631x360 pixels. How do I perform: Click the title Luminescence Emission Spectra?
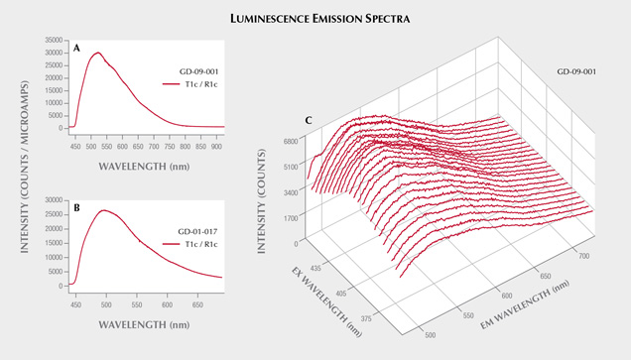(315, 18)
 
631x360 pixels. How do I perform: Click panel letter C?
(311, 121)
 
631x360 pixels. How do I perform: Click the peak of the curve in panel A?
(97, 54)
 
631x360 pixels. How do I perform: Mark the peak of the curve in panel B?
(102, 210)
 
